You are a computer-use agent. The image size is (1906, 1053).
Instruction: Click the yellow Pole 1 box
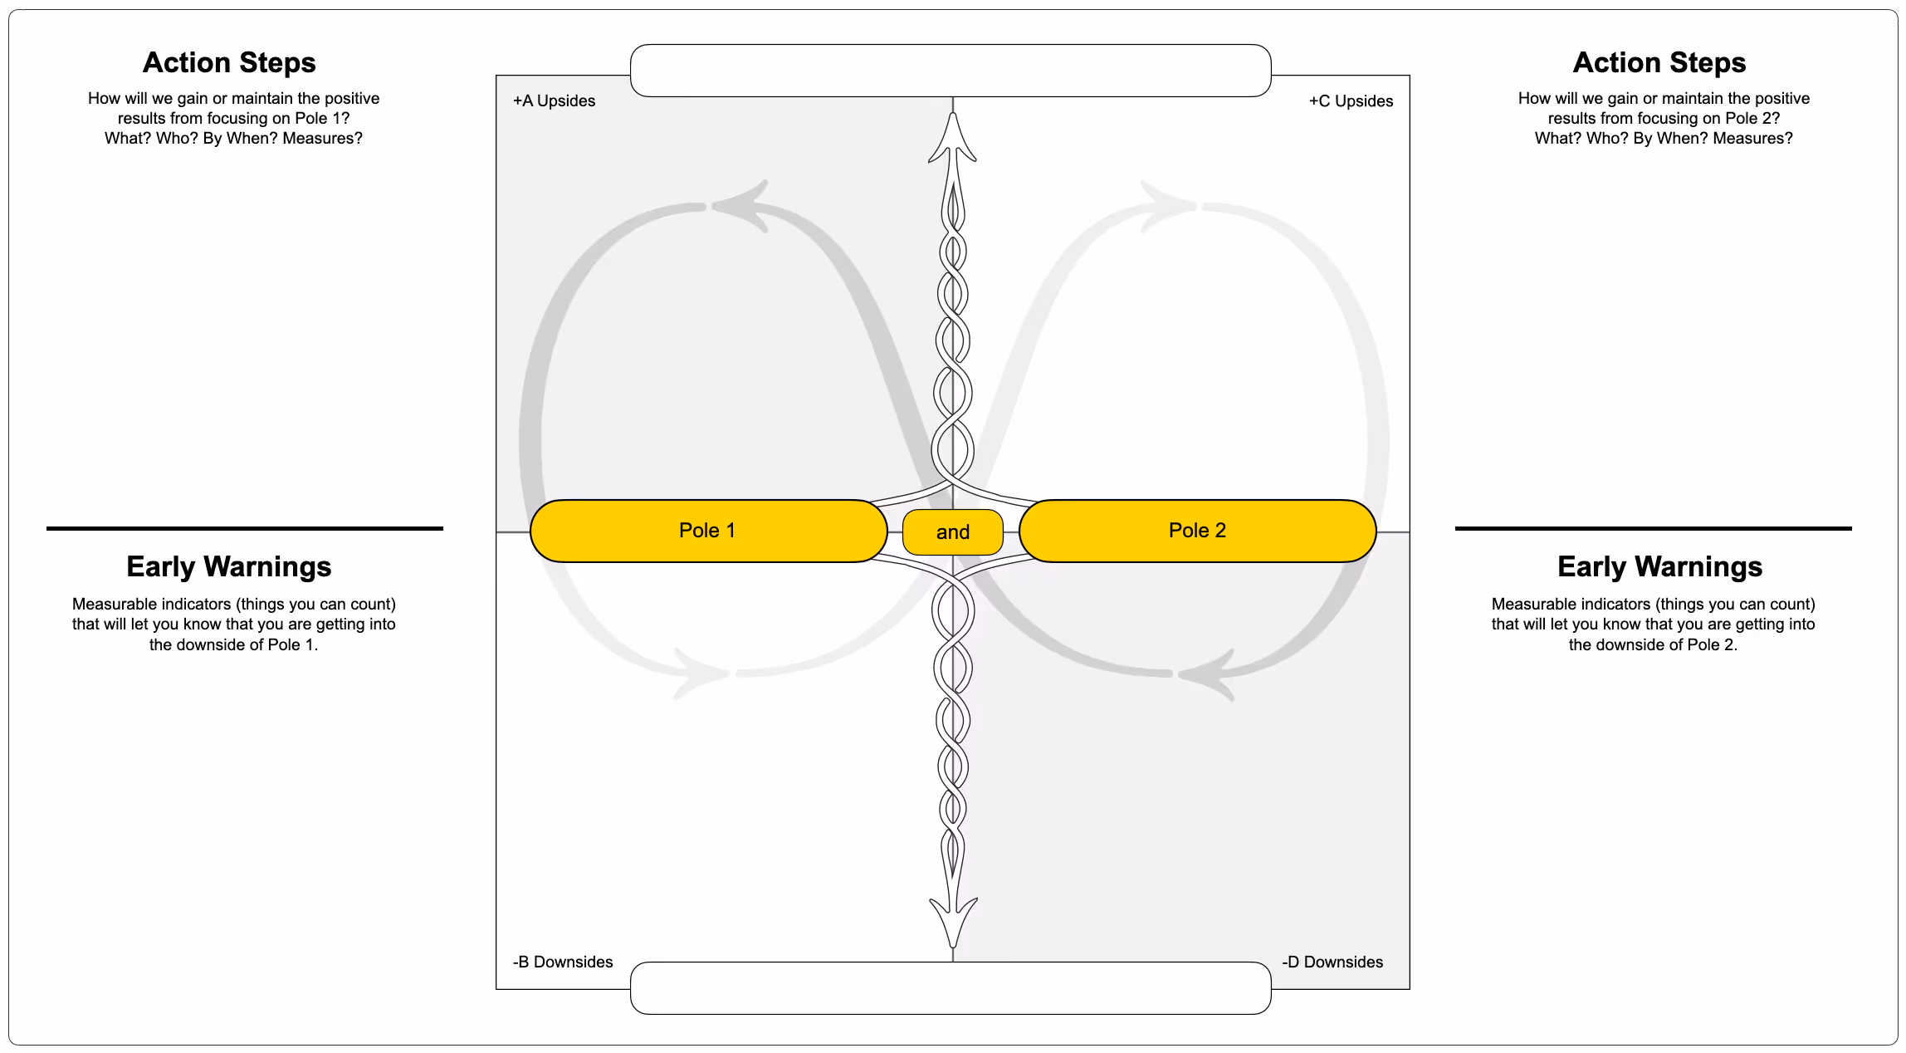(x=708, y=531)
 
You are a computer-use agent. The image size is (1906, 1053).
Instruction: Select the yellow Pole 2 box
(x=1197, y=531)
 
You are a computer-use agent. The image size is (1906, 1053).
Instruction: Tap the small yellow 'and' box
(x=952, y=532)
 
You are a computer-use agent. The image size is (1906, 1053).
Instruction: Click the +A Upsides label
(x=554, y=100)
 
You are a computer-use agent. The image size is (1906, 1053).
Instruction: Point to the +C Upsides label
(x=1351, y=100)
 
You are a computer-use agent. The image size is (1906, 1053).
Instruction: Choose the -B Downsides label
(x=563, y=962)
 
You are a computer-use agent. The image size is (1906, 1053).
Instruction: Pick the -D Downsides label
(x=1332, y=962)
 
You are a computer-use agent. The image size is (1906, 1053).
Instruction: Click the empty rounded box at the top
(x=951, y=71)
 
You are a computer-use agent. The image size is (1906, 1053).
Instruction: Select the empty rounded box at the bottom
(x=951, y=988)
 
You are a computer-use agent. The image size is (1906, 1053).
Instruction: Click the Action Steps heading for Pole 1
(x=229, y=62)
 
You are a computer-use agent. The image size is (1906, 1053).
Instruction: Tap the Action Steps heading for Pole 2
(x=1659, y=62)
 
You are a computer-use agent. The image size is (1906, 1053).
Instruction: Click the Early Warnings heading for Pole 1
(x=229, y=566)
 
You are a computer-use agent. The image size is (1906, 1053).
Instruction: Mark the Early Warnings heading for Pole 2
(x=1659, y=566)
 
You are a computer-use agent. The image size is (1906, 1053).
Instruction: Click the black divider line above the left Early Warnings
(x=245, y=528)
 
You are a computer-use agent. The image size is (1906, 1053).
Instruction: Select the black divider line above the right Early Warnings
(x=1653, y=528)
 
